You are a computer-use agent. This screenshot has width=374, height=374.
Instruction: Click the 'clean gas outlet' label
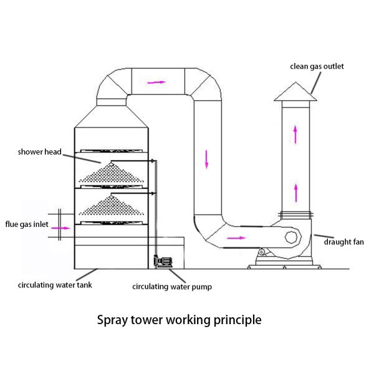click(317, 66)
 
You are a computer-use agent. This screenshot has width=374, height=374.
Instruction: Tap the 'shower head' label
click(39, 151)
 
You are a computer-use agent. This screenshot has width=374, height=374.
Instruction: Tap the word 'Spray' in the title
click(113, 320)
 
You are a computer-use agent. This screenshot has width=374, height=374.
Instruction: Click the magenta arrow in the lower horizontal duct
click(236, 237)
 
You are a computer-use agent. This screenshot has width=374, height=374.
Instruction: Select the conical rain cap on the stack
click(295, 92)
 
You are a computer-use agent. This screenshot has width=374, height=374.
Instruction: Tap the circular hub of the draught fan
click(291, 237)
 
